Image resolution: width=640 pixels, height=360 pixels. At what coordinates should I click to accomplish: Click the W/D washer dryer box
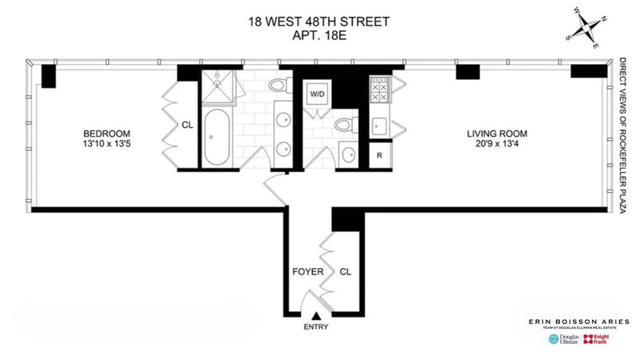click(318, 94)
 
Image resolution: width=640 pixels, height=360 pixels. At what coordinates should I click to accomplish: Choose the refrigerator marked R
click(378, 155)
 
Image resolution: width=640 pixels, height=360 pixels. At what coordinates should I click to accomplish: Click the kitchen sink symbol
click(379, 126)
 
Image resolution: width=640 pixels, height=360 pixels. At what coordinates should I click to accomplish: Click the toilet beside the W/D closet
click(345, 124)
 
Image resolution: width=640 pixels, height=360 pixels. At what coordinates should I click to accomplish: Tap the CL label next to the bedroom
click(187, 125)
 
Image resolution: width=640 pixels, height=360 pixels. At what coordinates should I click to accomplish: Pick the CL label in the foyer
click(346, 272)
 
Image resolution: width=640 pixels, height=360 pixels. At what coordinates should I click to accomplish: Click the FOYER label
click(308, 272)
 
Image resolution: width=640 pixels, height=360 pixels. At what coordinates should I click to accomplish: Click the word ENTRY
click(316, 327)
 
